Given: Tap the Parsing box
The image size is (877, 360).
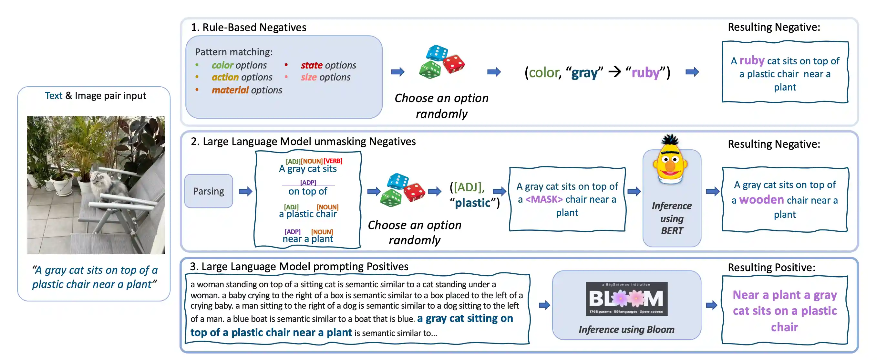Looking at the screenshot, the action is click(209, 191).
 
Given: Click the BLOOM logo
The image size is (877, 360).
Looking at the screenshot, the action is click(626, 299).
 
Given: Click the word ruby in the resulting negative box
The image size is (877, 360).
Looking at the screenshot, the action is click(752, 61).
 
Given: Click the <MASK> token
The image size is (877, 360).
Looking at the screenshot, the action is click(544, 199).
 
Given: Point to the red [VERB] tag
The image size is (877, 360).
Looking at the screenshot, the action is click(333, 161).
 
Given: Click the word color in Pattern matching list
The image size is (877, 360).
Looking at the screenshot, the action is click(222, 65).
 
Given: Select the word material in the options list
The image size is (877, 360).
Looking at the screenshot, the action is click(230, 90).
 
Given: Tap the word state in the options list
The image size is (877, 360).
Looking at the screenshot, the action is click(312, 65).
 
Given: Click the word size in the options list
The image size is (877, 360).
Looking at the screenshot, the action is click(308, 77).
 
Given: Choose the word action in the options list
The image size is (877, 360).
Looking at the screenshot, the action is click(225, 77).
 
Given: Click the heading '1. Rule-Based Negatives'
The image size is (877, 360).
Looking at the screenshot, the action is click(249, 27).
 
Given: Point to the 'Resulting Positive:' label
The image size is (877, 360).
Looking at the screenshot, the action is click(771, 267).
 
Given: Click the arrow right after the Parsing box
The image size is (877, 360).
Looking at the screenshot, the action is click(245, 191).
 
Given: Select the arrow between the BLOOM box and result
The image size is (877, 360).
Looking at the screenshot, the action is click(712, 305).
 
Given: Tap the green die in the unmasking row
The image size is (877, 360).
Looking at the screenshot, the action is click(391, 198).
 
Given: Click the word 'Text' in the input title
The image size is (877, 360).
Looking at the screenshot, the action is click(54, 95).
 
